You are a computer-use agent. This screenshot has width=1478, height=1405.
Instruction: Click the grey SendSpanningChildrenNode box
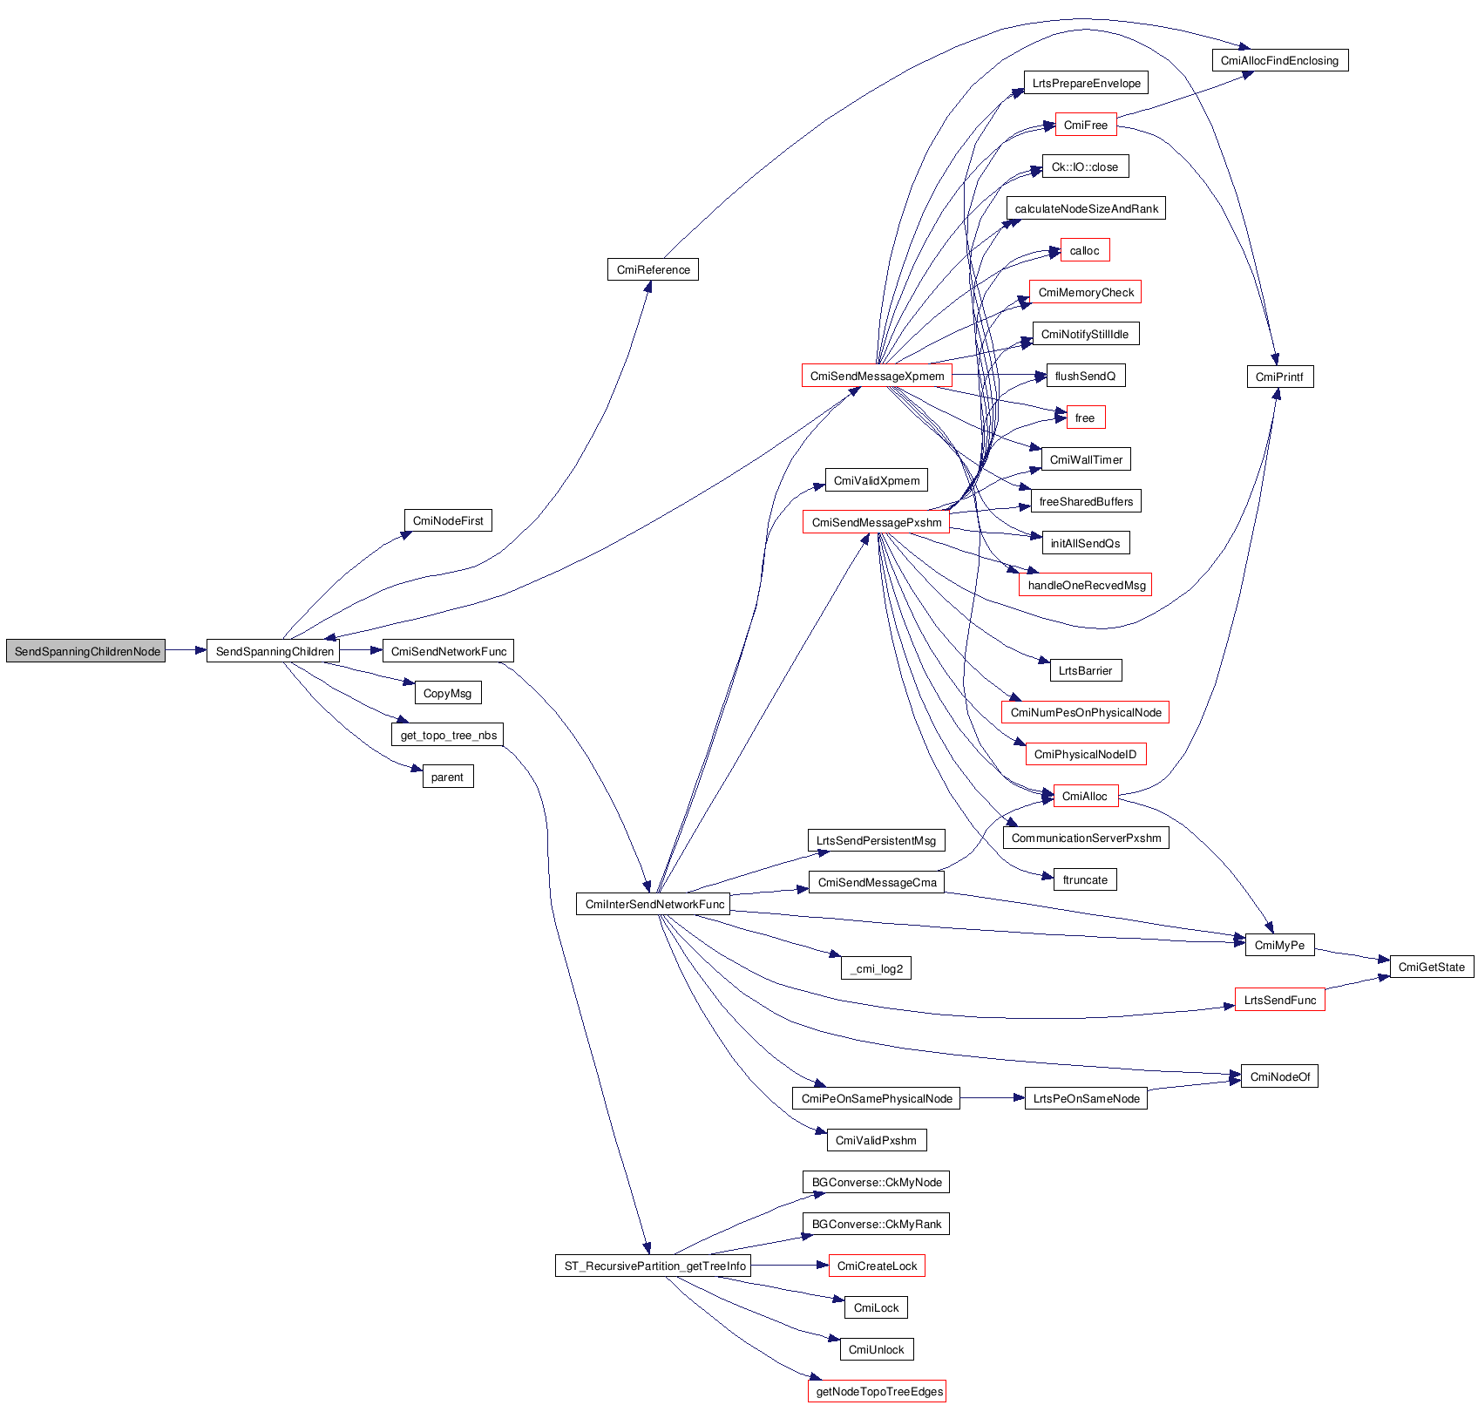click(85, 651)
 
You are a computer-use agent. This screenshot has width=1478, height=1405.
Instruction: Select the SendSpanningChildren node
click(274, 651)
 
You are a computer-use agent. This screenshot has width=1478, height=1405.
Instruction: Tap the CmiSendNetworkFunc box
click(448, 651)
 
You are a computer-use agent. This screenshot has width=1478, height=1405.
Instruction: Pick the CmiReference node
click(653, 269)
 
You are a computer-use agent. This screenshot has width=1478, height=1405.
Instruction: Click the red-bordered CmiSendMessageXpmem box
click(877, 376)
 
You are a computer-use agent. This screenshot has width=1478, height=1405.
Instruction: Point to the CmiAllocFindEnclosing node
click(1279, 60)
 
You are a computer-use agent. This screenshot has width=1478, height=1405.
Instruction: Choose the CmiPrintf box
click(1279, 377)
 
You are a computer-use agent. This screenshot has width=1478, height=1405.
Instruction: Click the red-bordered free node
click(1085, 417)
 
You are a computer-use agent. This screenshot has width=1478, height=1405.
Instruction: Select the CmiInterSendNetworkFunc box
click(654, 904)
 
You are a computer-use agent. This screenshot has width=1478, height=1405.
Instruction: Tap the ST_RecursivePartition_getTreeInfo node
click(654, 1266)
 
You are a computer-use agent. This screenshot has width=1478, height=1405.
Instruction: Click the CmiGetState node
click(1431, 967)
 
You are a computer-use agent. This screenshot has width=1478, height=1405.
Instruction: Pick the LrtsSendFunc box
click(1279, 1000)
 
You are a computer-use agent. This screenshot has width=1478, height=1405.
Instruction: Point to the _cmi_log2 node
click(876, 968)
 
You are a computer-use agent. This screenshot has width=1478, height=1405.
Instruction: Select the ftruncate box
click(1085, 879)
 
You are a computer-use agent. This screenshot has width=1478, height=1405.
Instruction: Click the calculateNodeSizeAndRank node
click(1086, 208)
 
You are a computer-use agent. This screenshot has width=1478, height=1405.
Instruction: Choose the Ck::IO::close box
click(1085, 166)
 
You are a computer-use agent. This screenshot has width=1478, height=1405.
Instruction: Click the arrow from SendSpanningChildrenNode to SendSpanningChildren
click(186, 650)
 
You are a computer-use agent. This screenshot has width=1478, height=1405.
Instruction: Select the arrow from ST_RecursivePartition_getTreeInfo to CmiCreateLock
click(789, 1266)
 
